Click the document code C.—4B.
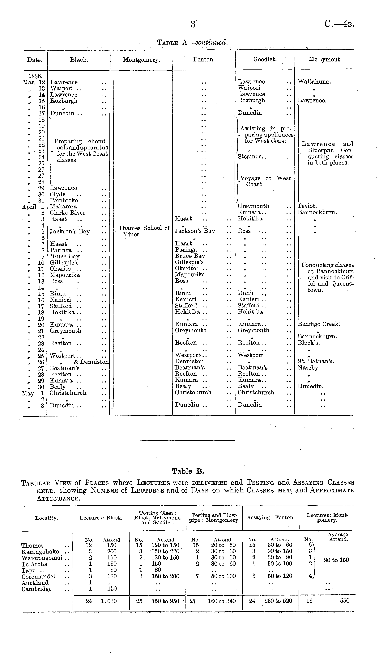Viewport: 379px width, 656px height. (x=339, y=24)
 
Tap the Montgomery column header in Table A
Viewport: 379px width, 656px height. (x=141, y=60)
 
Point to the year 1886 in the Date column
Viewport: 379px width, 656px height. (x=35, y=76)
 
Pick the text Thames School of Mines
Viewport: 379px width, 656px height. (x=144, y=231)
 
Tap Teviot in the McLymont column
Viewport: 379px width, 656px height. (x=307, y=206)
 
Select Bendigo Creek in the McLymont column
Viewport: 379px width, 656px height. (x=319, y=324)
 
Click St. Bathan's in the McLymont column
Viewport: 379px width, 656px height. (x=316, y=361)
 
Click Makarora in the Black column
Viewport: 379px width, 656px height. (x=63, y=207)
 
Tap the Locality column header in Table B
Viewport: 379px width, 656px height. (x=47, y=518)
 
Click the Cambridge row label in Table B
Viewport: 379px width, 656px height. (x=36, y=589)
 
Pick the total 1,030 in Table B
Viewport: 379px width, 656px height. (x=109, y=601)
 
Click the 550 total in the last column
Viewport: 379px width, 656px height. (x=344, y=601)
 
